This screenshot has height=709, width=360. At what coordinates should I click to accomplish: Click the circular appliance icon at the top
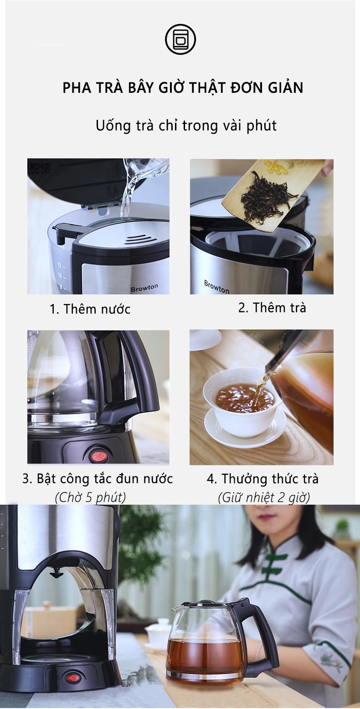pyautogui.click(x=180, y=39)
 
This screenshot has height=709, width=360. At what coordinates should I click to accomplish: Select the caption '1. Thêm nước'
pyautogui.click(x=90, y=309)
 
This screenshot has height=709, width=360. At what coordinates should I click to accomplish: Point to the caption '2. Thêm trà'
pyautogui.click(x=272, y=308)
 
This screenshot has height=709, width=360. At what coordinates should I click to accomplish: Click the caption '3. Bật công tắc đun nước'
pyautogui.click(x=98, y=479)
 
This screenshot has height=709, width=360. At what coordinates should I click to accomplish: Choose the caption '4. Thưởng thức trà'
pyautogui.click(x=263, y=479)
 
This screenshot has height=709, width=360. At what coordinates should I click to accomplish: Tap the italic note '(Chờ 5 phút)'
pyautogui.click(x=90, y=497)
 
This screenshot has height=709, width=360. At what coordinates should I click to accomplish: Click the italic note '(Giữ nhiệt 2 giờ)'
pyautogui.click(x=264, y=497)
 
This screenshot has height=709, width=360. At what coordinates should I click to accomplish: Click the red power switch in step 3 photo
pyautogui.click(x=98, y=456)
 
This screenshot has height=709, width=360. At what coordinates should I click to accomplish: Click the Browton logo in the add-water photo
pyautogui.click(x=144, y=288)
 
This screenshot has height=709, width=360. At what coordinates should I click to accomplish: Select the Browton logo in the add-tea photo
pyautogui.click(x=217, y=287)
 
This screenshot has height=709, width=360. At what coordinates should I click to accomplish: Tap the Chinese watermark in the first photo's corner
pyautogui.click(x=39, y=168)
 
